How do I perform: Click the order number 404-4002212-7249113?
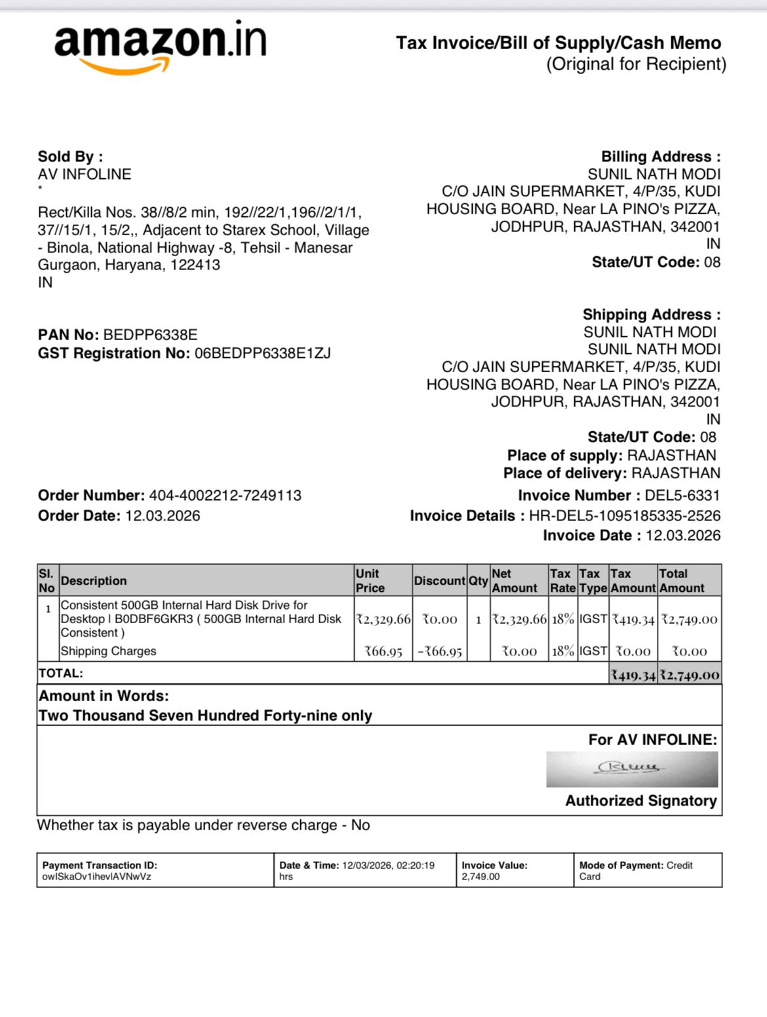pos(225,495)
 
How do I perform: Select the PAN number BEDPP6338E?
pos(150,335)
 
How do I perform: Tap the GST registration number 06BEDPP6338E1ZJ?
pos(262,354)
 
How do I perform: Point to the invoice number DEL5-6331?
pos(682,495)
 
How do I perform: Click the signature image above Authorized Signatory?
pos(632,769)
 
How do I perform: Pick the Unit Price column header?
pos(370,581)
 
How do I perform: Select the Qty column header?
pos(478,581)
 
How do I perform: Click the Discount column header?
pos(439,581)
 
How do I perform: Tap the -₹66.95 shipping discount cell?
pos(440,651)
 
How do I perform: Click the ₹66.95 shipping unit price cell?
pos(383,651)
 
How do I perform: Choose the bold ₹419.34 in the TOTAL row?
pos(633,674)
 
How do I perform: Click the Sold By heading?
pos(70,157)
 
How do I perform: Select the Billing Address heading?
pos(660,157)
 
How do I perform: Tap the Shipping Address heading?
pos(651,315)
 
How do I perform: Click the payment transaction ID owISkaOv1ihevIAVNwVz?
pos(96,877)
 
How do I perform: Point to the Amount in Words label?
pos(104,696)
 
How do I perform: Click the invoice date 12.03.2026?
pos(682,535)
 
